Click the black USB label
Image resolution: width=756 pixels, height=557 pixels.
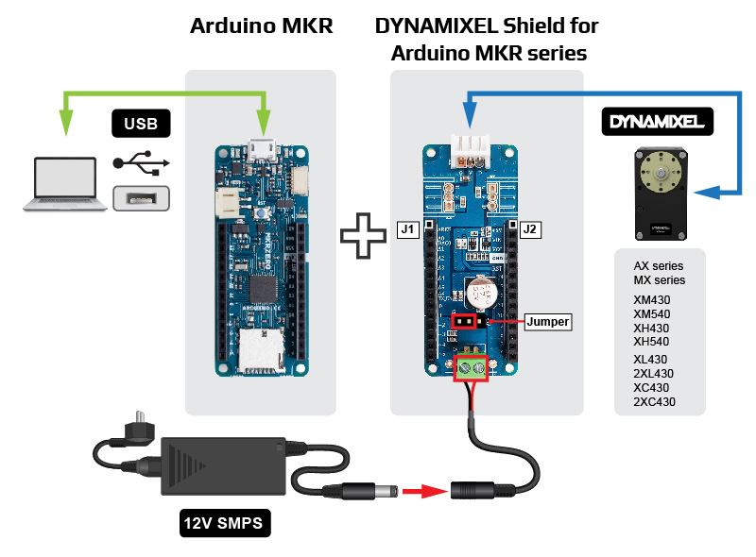pos(141,123)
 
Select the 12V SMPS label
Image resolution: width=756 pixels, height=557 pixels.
pos(224,520)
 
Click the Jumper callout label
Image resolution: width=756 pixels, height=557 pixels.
pos(547,322)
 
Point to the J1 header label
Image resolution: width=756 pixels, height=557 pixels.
pos(407,229)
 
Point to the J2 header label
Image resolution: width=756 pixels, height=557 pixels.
pos(529,229)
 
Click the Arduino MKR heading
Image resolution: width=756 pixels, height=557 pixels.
pos(262,26)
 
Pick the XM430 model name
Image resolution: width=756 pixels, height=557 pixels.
pos(651,299)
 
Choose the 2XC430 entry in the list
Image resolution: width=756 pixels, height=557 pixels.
pos(655,402)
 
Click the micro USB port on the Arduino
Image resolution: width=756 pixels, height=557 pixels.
pos(261,148)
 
